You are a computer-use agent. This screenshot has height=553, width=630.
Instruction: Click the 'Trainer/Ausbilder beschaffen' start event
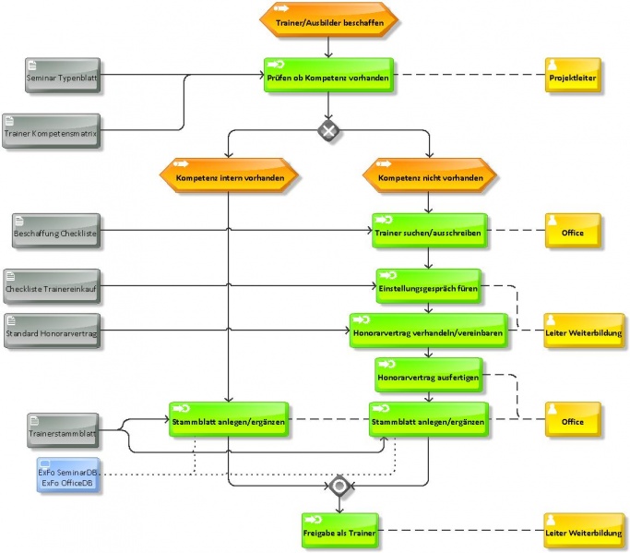328,20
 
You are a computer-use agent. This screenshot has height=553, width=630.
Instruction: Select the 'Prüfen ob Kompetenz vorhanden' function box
328,75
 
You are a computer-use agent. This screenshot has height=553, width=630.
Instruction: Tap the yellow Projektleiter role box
573,75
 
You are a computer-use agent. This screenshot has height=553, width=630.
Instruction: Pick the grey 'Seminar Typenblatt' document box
63,76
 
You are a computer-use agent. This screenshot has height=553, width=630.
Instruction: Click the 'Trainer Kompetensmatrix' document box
51,131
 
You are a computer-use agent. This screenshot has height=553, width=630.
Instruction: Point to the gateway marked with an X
328,130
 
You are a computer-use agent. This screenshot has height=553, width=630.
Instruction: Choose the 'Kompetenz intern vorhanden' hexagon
229,175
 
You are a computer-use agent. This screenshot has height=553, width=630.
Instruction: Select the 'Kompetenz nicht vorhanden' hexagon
430,175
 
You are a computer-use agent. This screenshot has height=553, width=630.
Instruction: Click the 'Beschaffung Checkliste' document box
56,231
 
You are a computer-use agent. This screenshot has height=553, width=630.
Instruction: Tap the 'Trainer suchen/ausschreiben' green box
430,231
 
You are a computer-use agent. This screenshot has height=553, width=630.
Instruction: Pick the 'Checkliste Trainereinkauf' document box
52,286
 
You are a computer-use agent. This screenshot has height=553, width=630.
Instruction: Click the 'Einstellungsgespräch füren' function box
429,286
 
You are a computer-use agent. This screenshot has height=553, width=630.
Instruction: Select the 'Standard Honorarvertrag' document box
53,331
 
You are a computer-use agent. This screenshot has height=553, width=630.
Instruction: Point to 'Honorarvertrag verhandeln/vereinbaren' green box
428,331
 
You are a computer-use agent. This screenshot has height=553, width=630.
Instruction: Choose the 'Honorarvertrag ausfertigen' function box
429,375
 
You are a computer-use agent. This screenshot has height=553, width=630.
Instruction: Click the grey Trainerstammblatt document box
63,430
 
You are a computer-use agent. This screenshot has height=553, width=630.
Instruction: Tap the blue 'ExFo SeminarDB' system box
68,475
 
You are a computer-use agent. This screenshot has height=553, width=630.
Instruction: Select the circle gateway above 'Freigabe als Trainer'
339,487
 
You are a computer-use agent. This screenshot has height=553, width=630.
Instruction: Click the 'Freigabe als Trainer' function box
340,531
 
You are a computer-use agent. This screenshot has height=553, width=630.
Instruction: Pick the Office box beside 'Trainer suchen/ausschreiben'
573,231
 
